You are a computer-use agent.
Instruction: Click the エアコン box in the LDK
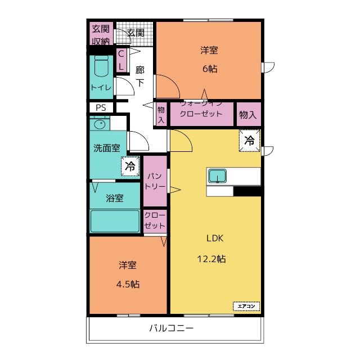[x=246, y=306]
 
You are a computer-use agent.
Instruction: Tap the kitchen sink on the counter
[x=217, y=176]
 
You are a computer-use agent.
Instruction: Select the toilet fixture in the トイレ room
[x=101, y=66]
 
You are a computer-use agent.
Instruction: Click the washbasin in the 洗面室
[x=100, y=125]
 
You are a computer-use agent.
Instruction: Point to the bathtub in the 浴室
[x=115, y=221]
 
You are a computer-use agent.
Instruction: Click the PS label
[x=101, y=107]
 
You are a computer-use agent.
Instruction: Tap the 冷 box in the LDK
[x=250, y=141]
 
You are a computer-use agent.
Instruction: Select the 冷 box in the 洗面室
[x=130, y=166]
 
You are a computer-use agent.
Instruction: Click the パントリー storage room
[x=155, y=181]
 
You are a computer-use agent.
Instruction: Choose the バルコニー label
[x=172, y=328]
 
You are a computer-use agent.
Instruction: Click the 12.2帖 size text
[x=211, y=259]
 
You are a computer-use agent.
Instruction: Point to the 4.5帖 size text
[x=128, y=285]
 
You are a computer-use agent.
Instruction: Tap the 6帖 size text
[x=210, y=69]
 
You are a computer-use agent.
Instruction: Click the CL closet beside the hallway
[x=121, y=60]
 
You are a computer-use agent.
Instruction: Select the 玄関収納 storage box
[x=101, y=34]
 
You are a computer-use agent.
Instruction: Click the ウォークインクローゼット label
[x=201, y=110]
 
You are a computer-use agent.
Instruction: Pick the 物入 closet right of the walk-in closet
[x=249, y=114]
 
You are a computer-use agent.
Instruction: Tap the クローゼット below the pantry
[x=155, y=221]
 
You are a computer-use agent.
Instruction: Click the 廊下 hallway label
[x=140, y=76]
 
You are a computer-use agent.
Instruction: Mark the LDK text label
[x=215, y=238]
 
